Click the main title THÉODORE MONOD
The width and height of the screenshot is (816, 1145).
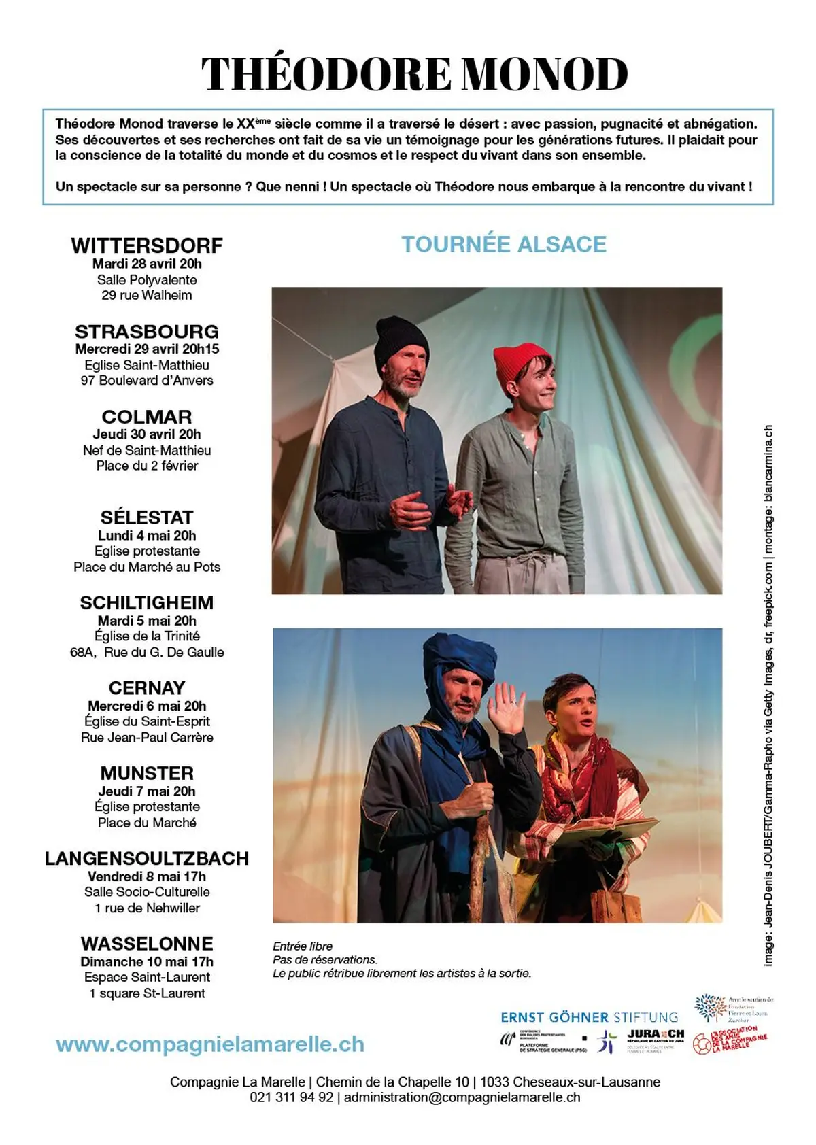[x=414, y=74]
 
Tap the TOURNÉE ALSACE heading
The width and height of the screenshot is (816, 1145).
[x=503, y=244]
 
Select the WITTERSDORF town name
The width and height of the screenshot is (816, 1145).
[x=147, y=245]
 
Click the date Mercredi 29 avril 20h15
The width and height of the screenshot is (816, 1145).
[x=147, y=349]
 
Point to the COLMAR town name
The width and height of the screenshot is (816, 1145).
[x=147, y=417]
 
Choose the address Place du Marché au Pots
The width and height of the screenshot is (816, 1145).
[x=147, y=567]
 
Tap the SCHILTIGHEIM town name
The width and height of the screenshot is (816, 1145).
[x=147, y=603]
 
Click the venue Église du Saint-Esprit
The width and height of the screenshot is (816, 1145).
[x=147, y=721]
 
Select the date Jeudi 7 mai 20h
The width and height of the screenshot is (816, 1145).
[x=147, y=791]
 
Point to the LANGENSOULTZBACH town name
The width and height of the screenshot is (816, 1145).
[x=147, y=859]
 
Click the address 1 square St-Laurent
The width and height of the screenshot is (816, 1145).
[x=147, y=993]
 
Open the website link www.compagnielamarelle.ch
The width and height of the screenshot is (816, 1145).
[x=210, y=1044]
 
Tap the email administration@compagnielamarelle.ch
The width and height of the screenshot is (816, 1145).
[x=462, y=1097]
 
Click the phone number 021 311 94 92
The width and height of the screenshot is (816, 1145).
[x=292, y=1097]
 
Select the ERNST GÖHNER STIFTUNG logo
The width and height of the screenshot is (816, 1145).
[x=589, y=1017]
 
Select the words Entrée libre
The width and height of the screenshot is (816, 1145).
[x=303, y=946]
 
